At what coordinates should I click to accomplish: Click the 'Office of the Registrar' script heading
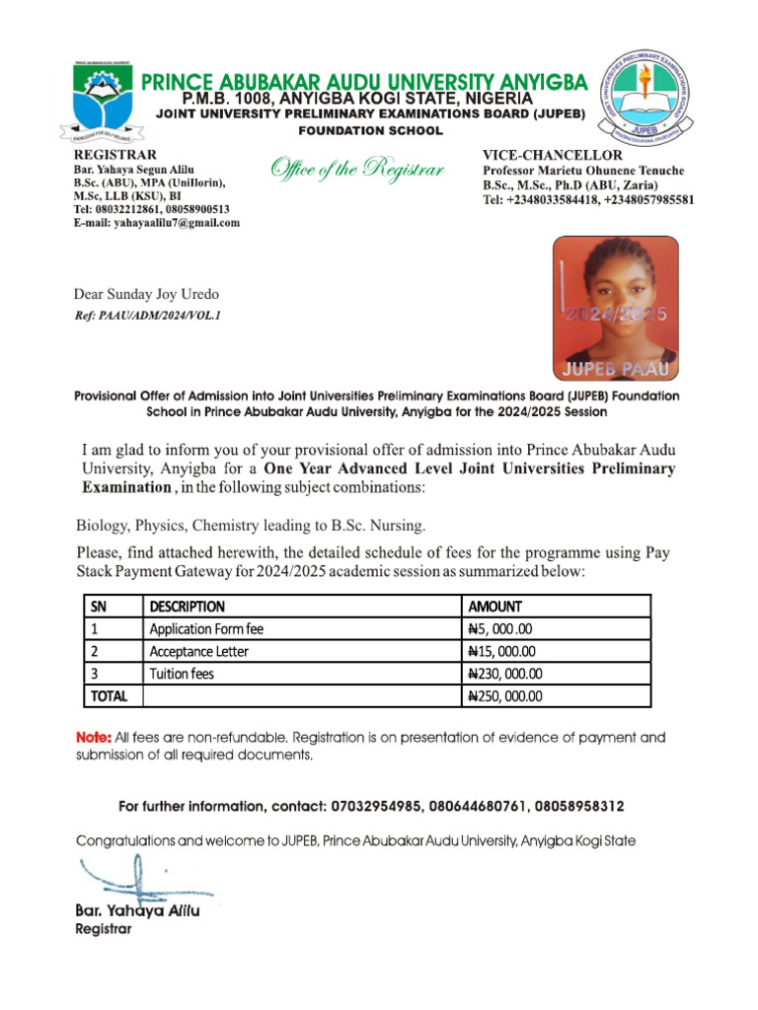click(357, 170)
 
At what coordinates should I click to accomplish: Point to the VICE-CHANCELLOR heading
click(552, 156)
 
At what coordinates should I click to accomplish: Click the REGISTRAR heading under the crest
click(115, 156)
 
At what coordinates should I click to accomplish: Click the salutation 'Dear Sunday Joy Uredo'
click(147, 295)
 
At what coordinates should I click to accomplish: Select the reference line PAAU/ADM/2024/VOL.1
click(148, 316)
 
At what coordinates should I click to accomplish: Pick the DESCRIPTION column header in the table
click(187, 607)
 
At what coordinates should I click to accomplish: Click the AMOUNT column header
click(494, 607)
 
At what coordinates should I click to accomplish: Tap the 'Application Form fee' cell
click(206, 629)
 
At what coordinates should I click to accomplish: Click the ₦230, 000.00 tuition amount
click(505, 675)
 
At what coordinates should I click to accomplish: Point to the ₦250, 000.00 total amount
click(505, 696)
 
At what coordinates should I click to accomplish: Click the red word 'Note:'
click(94, 738)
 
